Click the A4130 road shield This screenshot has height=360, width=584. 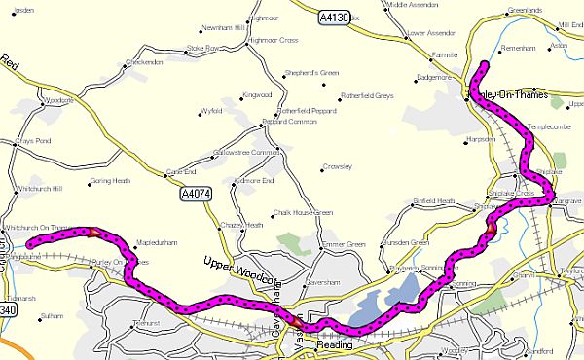334,18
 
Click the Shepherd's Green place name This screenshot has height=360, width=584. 312,73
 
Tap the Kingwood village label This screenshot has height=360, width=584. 259,94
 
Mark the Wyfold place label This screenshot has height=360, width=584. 212,112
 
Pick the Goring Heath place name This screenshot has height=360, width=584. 109,181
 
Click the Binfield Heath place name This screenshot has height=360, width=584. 434,200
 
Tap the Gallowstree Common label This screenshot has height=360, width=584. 253,153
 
